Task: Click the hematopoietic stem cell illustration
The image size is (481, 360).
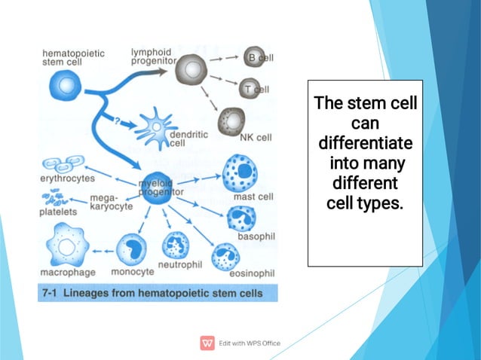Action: [67, 87]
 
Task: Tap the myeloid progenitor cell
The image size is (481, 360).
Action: [160, 185]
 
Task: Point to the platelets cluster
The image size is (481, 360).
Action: [55, 198]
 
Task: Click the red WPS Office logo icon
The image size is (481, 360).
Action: [207, 343]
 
